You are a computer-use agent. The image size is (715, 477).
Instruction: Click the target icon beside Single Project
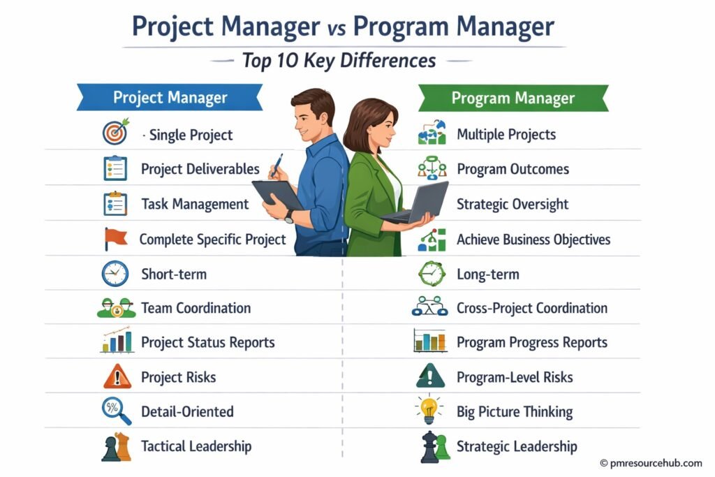click(x=115, y=133)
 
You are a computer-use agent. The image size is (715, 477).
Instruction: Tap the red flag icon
click(x=115, y=239)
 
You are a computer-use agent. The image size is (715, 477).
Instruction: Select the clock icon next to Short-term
click(x=115, y=273)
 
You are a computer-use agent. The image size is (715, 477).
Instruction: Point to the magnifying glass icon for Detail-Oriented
click(x=116, y=411)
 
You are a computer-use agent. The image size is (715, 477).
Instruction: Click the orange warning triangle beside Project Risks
click(x=116, y=377)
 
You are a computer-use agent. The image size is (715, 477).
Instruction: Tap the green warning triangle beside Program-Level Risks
click(x=430, y=377)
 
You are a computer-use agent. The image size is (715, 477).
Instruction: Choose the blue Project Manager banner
click(x=170, y=98)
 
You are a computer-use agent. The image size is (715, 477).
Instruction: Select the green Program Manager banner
click(x=513, y=98)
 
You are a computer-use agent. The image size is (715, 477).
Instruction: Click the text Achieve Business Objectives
click(x=533, y=240)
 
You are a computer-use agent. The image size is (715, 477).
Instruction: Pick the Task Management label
click(x=195, y=204)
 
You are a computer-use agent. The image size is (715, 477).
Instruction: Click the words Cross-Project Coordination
click(x=532, y=308)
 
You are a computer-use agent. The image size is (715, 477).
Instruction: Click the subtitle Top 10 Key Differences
click(x=339, y=61)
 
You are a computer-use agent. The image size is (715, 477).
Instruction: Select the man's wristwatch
click(x=289, y=217)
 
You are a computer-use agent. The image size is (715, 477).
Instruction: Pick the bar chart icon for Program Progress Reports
click(x=430, y=342)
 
